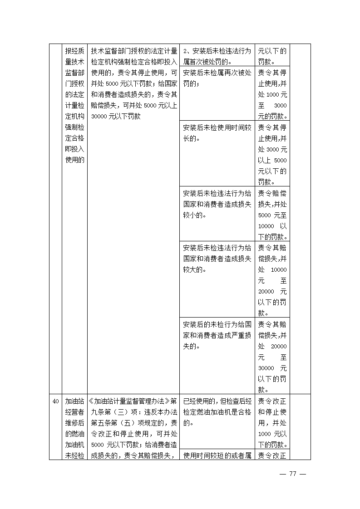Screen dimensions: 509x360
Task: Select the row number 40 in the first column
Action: pyautogui.click(x=55, y=401)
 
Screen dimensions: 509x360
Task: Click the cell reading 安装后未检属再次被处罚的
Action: pyautogui.click(x=217, y=78)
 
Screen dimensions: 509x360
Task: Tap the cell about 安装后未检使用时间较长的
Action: pyautogui.click(x=217, y=133)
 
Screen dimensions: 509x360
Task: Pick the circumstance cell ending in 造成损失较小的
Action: pyautogui.click(x=217, y=204)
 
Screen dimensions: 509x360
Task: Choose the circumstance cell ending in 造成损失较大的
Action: pyautogui.click(x=217, y=259)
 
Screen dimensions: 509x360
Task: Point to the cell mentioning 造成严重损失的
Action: pyautogui.click(x=217, y=335)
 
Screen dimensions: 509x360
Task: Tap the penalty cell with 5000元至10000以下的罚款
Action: pyautogui.click(x=272, y=215)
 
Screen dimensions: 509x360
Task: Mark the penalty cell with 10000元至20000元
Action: pyautogui.click(x=272, y=280)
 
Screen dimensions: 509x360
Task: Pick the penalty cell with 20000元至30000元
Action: pyautogui.click(x=272, y=357)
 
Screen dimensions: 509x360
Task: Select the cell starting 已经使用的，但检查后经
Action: pyautogui.click(x=217, y=412)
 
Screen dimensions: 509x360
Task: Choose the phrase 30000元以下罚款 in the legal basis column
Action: pyautogui.click(x=115, y=117)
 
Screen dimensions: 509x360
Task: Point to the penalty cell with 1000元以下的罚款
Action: pyautogui.click(x=272, y=423)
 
